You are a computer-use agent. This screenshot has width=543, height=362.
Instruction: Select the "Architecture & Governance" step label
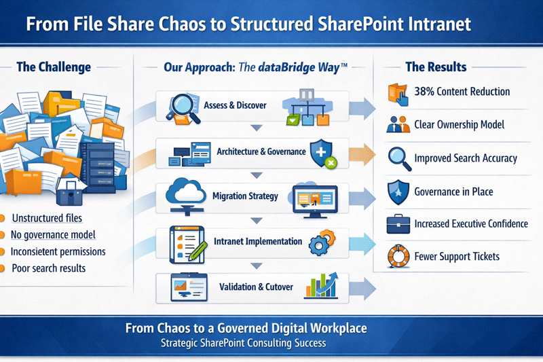[x=261, y=151]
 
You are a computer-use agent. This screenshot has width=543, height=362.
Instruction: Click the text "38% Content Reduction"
[x=462, y=92]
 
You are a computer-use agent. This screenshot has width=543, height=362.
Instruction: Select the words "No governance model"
[x=54, y=235]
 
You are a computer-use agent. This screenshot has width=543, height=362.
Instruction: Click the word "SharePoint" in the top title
[x=356, y=24]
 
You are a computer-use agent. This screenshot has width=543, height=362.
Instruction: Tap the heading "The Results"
[x=436, y=67]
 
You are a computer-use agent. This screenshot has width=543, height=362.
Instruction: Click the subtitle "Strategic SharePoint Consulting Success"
[x=247, y=343]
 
